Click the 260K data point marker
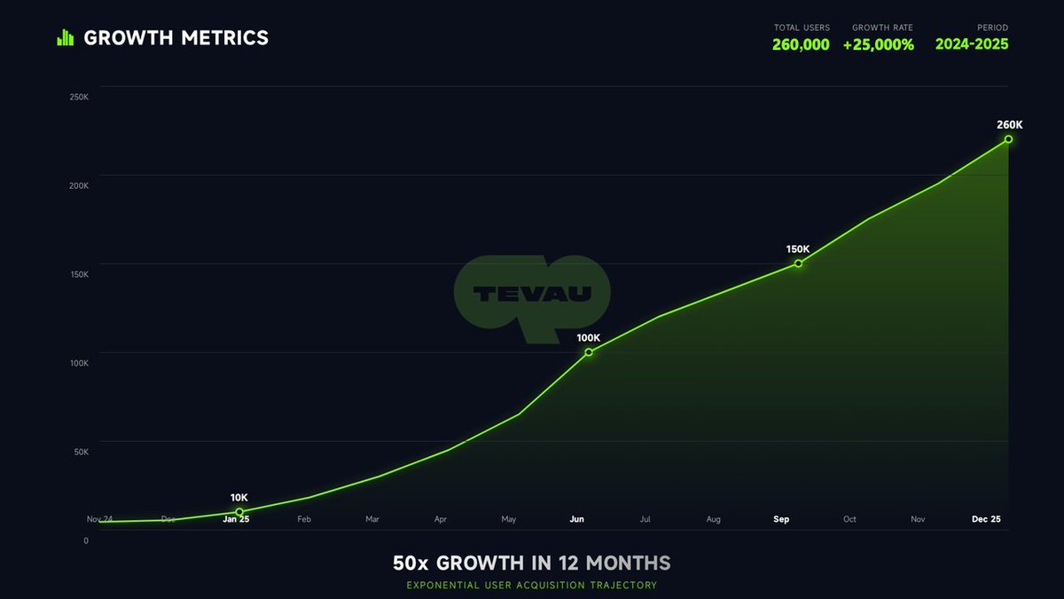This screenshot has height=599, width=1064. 1008,139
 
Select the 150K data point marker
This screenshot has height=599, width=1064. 798,264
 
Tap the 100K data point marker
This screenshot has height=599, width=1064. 589,352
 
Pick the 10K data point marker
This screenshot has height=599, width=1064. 239,512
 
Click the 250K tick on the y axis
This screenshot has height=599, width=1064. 79,97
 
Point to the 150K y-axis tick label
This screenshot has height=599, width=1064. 79,274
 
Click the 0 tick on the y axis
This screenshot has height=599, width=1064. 86,540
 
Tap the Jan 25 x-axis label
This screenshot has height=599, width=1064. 236,519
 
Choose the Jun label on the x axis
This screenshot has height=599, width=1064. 576,519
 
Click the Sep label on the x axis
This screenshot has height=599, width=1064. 781,519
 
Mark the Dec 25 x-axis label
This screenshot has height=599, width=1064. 986,519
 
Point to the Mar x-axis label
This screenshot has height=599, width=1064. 372,519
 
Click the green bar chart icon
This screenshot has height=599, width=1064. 65,37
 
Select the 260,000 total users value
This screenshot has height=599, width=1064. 801,44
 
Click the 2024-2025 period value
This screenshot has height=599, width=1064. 972,44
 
